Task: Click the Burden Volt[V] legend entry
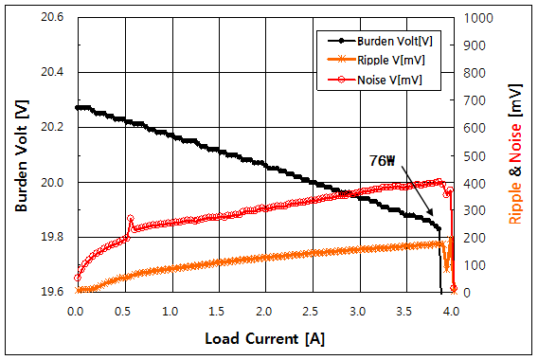[x=390, y=42]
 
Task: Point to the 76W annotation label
[x=383, y=161]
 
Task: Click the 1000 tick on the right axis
[x=474, y=18]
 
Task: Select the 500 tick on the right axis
[x=471, y=154]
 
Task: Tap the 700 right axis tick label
[x=471, y=99]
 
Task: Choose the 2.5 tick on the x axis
[x=311, y=310]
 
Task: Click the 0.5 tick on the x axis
[x=123, y=310]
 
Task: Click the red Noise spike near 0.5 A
[x=131, y=219]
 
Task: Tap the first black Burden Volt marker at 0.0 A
[x=78, y=108]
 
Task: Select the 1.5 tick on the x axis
[x=217, y=310]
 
